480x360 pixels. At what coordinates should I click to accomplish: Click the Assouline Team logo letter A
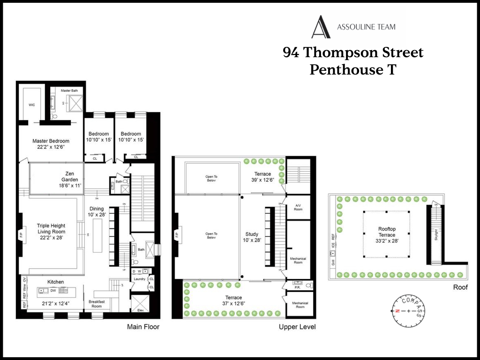(321, 27)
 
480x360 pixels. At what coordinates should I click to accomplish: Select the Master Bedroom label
(51, 141)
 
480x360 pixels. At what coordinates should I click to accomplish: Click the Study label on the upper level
(252, 234)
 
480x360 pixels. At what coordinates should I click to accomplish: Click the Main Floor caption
(143, 327)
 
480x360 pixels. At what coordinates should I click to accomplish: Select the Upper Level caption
(297, 327)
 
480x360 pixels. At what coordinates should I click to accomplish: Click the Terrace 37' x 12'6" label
(233, 300)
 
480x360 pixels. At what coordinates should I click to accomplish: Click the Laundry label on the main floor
(139, 279)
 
